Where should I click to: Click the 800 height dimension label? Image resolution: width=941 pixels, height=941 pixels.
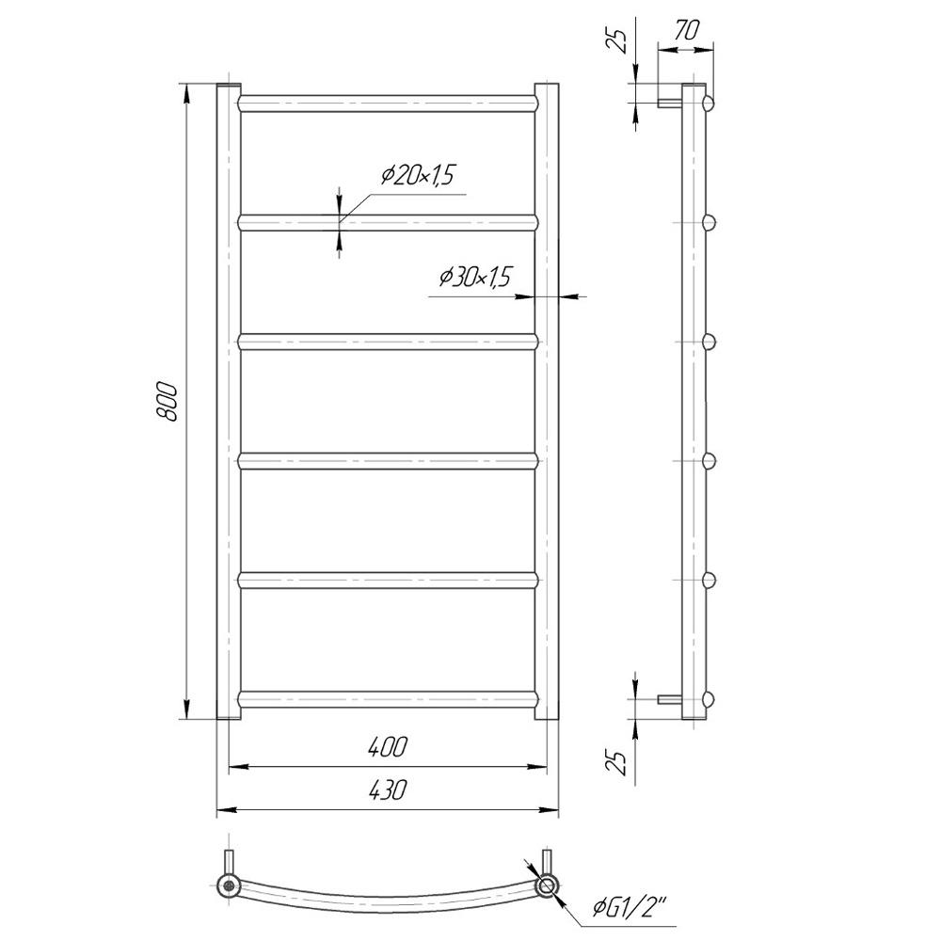pyautogui.click(x=167, y=401)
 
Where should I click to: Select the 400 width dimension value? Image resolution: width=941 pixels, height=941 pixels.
pyautogui.click(x=387, y=746)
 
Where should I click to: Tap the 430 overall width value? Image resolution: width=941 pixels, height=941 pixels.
pyautogui.click(x=387, y=789)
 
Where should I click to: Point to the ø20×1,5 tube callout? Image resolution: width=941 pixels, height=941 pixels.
pyautogui.click(x=418, y=175)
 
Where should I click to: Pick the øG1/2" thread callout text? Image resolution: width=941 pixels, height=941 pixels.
pyautogui.click(x=630, y=909)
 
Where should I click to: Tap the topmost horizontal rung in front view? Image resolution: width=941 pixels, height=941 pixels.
pyautogui.click(x=387, y=104)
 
